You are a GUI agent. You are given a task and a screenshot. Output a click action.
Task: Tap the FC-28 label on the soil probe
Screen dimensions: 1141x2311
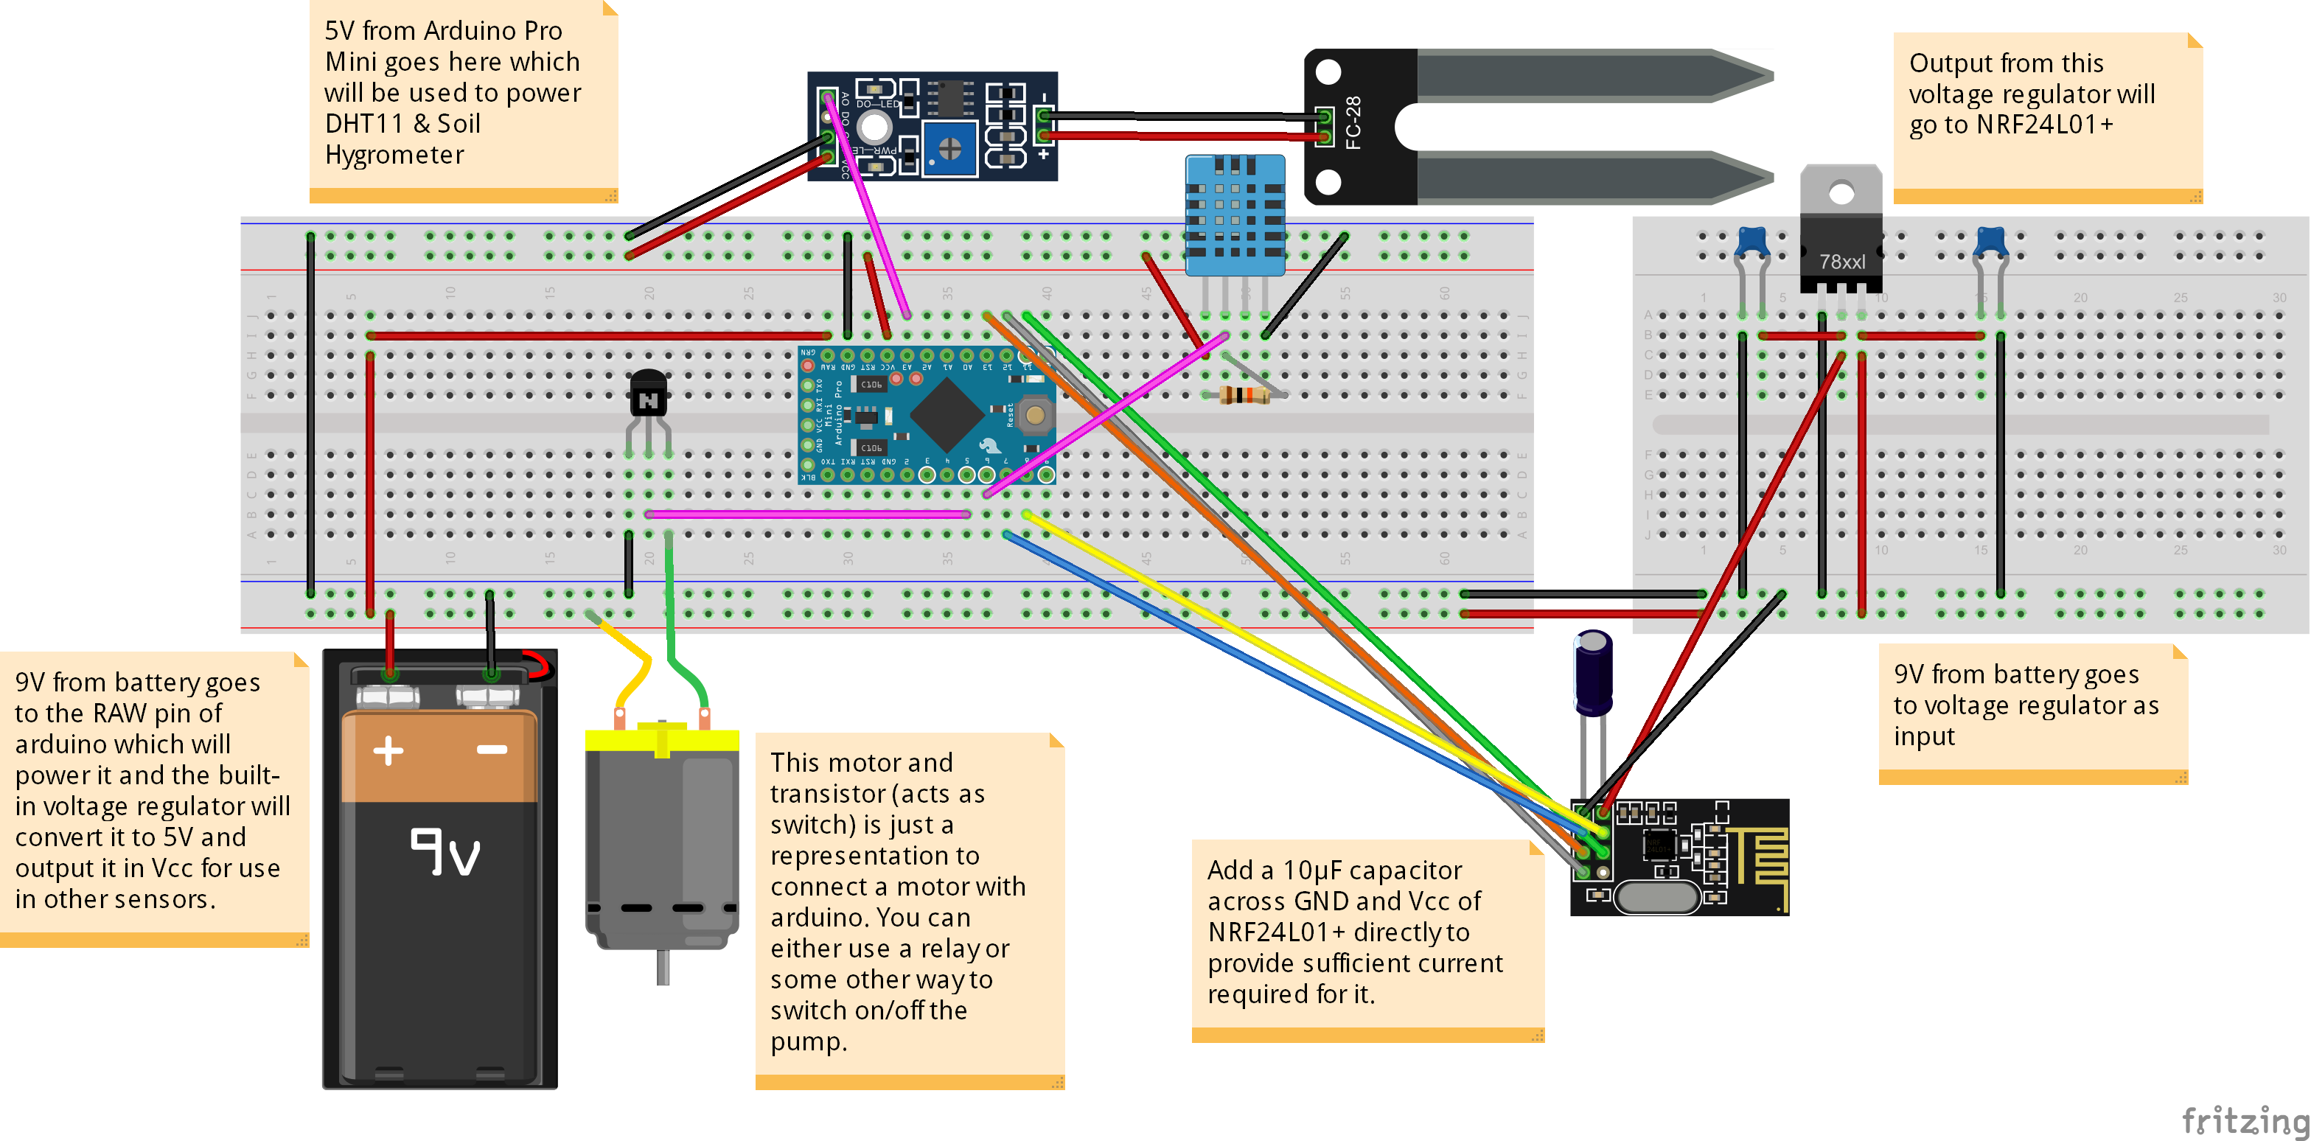(x=1353, y=123)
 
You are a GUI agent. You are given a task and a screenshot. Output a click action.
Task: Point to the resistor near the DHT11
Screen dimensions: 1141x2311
(x=1245, y=394)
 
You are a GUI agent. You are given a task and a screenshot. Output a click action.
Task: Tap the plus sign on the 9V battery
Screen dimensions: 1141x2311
(x=388, y=750)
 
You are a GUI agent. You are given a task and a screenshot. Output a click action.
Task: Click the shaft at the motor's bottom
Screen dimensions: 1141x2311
(x=663, y=967)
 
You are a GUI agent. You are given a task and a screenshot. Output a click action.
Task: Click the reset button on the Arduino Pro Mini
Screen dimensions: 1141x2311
(x=1035, y=415)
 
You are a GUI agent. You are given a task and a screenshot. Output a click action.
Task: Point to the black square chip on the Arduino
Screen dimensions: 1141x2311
(x=945, y=415)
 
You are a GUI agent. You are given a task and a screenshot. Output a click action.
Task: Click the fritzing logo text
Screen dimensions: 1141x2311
(x=2245, y=1120)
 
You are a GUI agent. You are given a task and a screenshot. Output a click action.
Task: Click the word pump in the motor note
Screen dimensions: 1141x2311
(x=806, y=1041)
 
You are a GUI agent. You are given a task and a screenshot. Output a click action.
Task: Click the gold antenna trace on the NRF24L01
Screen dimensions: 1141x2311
(x=1758, y=856)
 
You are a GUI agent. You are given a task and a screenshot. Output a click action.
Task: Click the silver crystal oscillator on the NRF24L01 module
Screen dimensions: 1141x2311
(x=1657, y=896)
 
